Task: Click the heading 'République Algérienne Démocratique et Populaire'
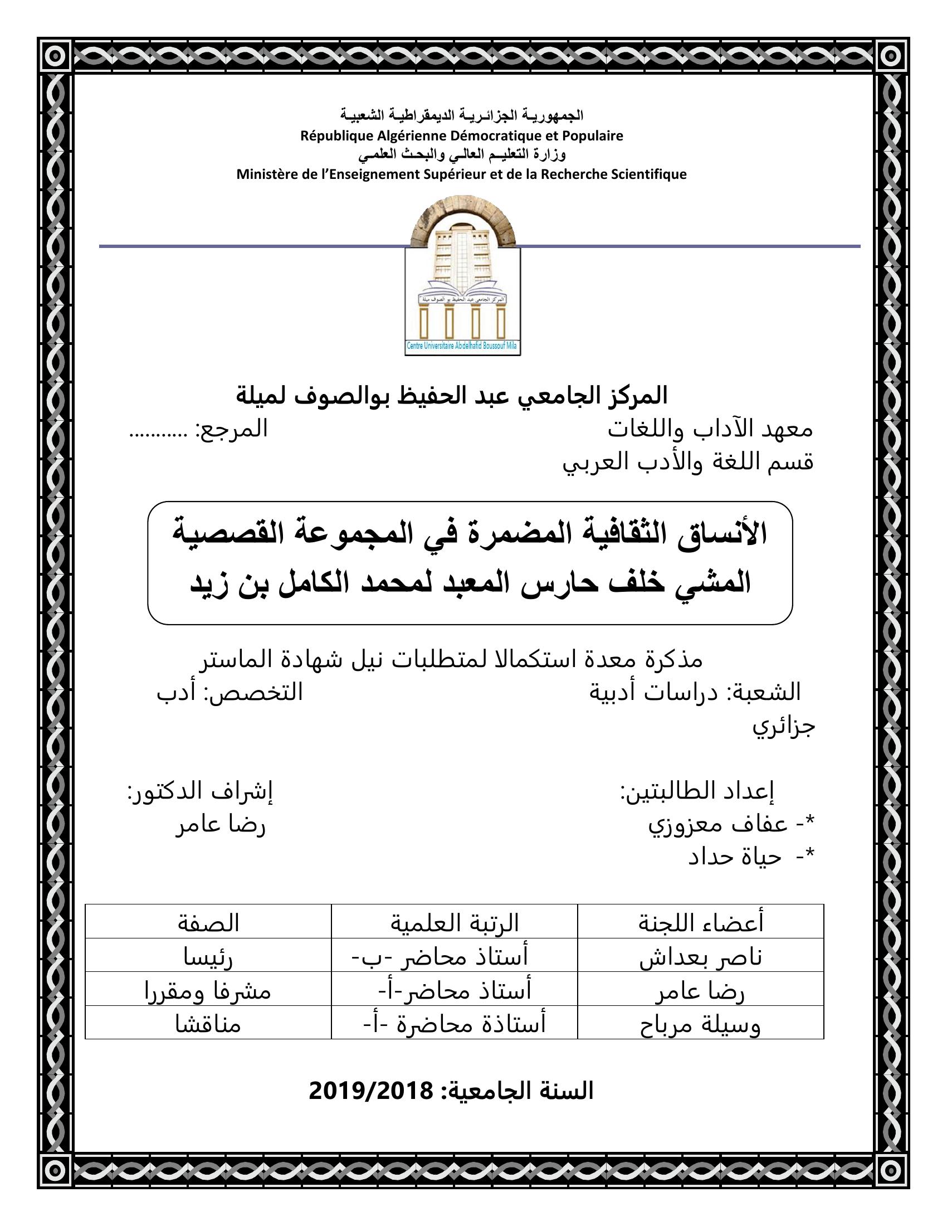click(462, 136)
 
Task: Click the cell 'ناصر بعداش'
click(701, 957)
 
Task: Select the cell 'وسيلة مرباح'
click(701, 1025)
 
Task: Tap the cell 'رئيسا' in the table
click(209, 957)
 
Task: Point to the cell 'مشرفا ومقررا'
click(209, 991)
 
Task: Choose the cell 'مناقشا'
click(209, 1025)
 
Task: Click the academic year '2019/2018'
click(371, 1091)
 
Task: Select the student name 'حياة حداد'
click(735, 857)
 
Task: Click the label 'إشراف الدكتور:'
click(200, 791)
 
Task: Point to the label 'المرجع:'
click(231, 430)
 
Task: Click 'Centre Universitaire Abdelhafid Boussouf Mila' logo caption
click(462, 347)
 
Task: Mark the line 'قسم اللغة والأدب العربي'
click(688, 463)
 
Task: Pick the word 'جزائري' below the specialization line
click(783, 726)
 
